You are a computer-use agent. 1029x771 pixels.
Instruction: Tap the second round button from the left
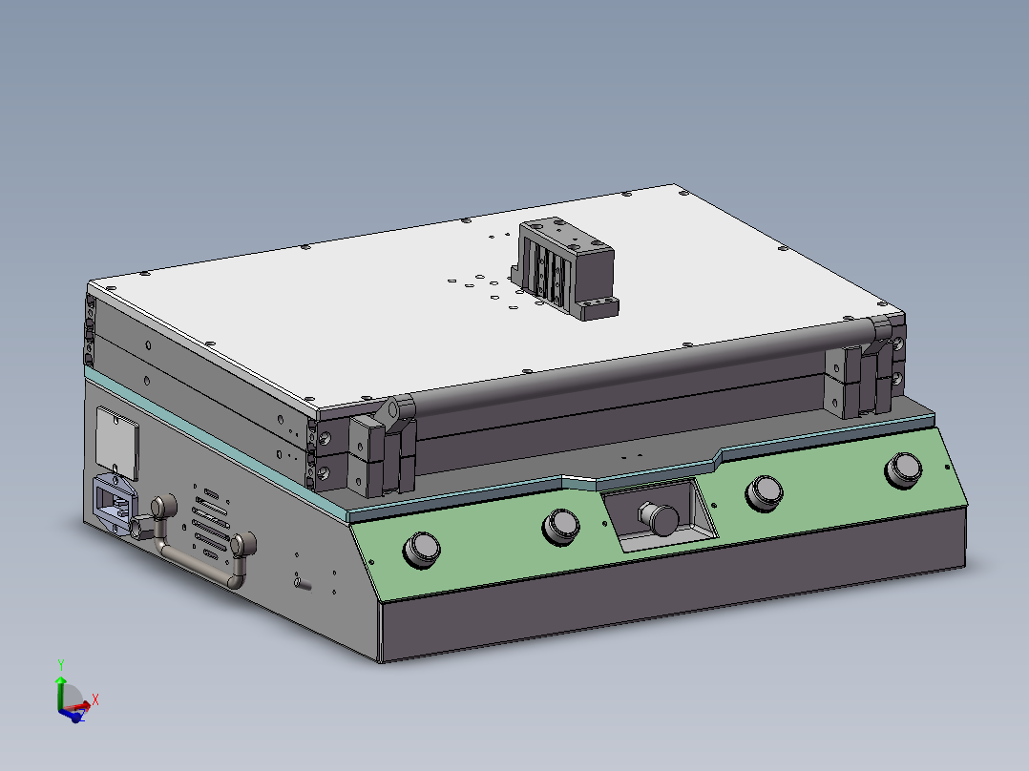(x=560, y=525)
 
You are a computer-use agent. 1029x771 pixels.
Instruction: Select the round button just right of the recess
(x=765, y=490)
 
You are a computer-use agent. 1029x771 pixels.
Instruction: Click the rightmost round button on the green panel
(x=903, y=469)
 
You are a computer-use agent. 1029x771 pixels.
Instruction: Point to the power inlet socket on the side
(x=114, y=505)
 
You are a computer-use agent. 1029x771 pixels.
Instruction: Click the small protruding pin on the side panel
(x=302, y=582)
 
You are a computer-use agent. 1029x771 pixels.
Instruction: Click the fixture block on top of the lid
(x=565, y=267)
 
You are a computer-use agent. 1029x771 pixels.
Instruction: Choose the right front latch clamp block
(x=864, y=381)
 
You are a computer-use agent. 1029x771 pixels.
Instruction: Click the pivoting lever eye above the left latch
(x=391, y=410)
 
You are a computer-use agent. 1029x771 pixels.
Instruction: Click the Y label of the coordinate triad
(x=60, y=664)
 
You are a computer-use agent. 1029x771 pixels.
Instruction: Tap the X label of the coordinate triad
(x=95, y=699)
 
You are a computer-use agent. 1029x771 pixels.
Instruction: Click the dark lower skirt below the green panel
(x=668, y=601)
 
